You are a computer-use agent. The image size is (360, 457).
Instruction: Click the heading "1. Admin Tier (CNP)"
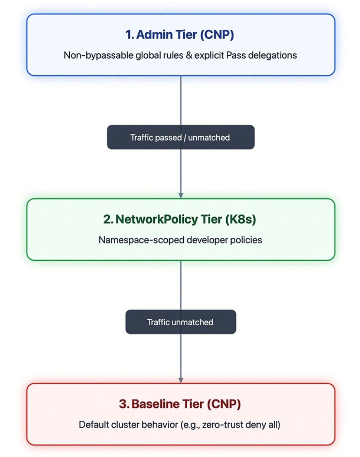[x=180, y=35]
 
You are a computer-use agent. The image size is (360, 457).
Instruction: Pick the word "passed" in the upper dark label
[x=168, y=138]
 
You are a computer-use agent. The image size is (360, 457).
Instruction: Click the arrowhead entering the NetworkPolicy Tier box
[x=181, y=195]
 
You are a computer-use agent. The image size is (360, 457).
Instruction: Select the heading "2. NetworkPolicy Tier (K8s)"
[x=180, y=219]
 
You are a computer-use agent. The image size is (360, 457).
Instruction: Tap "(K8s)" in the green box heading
[x=241, y=219]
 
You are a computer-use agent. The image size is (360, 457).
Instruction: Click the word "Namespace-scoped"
[x=142, y=240]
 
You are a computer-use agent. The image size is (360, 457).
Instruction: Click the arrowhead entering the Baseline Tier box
[x=181, y=380]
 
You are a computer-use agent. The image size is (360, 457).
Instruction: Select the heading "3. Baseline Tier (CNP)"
[x=180, y=404]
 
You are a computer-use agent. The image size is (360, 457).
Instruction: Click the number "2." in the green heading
[x=108, y=219]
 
